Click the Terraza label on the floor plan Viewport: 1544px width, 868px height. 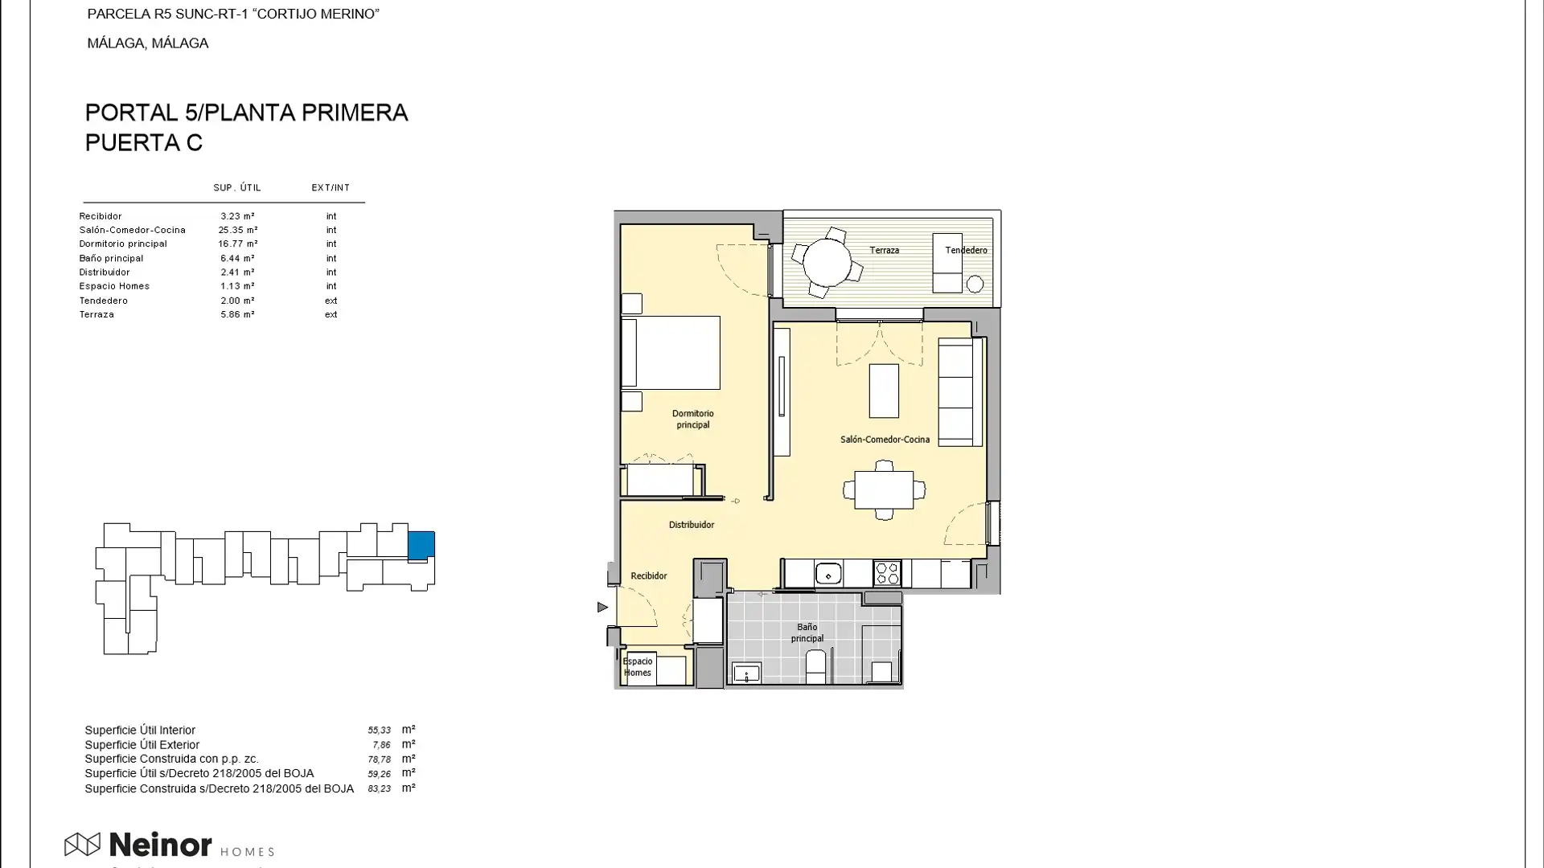click(884, 250)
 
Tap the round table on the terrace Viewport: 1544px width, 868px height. click(827, 263)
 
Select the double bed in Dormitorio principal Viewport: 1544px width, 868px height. click(671, 353)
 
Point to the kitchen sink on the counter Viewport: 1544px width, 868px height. click(828, 574)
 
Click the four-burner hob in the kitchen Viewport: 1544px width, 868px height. click(887, 573)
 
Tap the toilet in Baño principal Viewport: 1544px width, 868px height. click(815, 666)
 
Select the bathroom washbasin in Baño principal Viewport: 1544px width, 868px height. click(746, 674)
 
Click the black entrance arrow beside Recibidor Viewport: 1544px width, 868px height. click(602, 607)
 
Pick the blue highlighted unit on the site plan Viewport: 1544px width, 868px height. click(421, 545)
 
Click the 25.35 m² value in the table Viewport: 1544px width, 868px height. click(237, 230)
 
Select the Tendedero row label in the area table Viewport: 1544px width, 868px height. click(104, 301)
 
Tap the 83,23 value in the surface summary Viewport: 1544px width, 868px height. click(379, 789)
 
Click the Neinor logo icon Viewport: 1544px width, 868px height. click(82, 844)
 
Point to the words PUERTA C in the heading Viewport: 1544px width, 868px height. click(144, 143)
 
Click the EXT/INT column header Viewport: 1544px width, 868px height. click(331, 187)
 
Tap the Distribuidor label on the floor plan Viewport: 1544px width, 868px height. click(691, 525)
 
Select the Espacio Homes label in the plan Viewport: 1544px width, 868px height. click(638, 667)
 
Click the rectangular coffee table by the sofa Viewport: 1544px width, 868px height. click(883, 391)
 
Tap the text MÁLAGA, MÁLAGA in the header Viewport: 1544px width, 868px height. click(148, 43)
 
